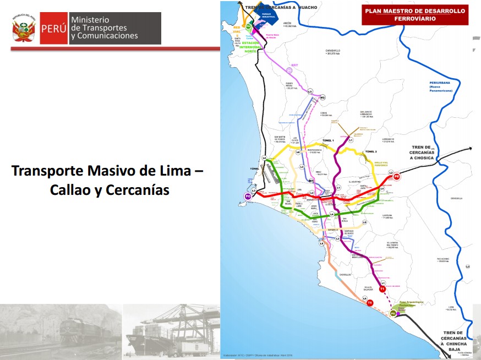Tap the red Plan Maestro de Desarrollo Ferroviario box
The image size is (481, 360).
pyautogui.click(x=414, y=15)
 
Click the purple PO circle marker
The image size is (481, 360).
pyautogui.click(x=248, y=196)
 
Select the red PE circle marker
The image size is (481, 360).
pyautogui.click(x=397, y=177)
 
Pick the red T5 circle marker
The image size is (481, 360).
pyautogui.click(x=370, y=303)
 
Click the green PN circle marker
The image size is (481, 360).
pyautogui.click(x=249, y=26)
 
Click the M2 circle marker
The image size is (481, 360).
pyautogui.click(x=323, y=97)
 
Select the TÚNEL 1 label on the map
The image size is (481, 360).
pyautogui.click(x=329, y=141)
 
